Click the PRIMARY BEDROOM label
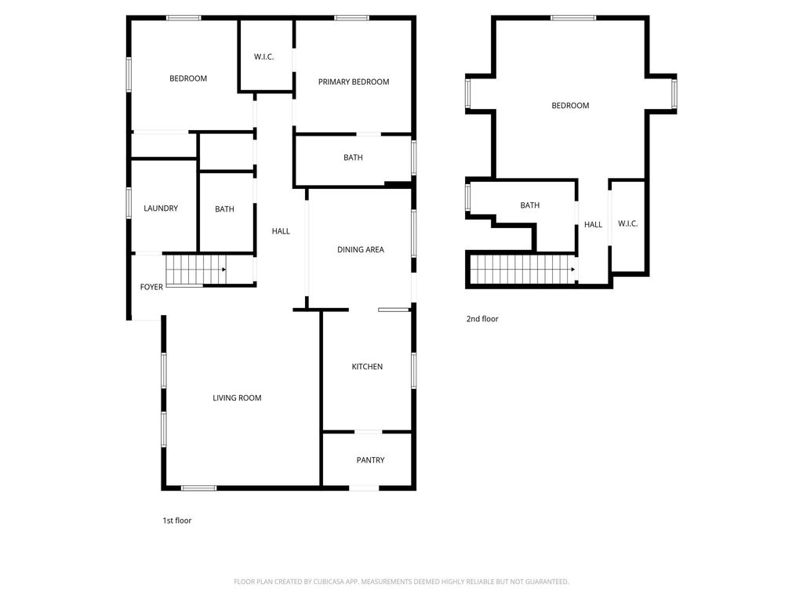point(354,82)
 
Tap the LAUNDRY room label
point(161,209)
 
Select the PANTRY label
point(370,460)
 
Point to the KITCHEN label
point(367,367)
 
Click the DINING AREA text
point(361,250)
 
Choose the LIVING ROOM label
point(237,397)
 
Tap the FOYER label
point(151,287)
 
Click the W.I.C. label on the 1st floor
point(263,56)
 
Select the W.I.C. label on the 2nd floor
point(628,223)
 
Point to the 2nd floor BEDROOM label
point(570,106)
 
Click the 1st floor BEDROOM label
point(188,78)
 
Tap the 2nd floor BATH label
point(530,205)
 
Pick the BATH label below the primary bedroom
point(353,158)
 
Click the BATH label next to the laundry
point(224,209)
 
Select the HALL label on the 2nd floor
point(593,225)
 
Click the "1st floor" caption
point(177,520)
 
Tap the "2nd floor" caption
point(482,319)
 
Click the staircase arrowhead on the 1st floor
point(223,270)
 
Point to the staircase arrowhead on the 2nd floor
point(573,270)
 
